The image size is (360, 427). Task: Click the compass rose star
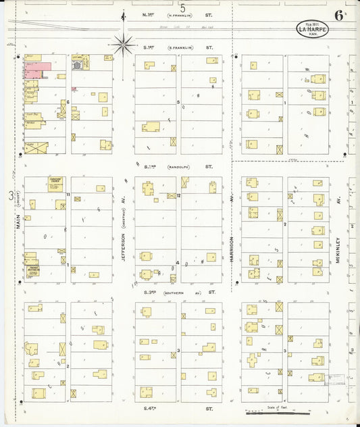[124, 45]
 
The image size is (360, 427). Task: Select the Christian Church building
[55, 183]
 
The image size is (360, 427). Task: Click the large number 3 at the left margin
[10, 195]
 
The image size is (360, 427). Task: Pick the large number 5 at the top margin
[182, 7]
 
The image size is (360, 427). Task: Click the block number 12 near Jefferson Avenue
[178, 195]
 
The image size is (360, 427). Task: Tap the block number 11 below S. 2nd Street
[68, 195]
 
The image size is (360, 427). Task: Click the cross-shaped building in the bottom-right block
[253, 360]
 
